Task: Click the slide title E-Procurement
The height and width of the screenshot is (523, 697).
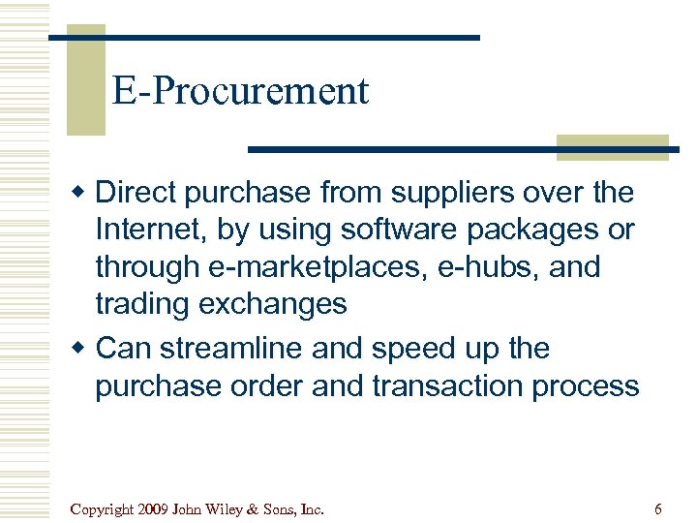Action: (240, 91)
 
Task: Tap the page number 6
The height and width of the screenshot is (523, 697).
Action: (658, 508)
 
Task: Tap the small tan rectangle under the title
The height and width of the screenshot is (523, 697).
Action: (612, 146)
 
